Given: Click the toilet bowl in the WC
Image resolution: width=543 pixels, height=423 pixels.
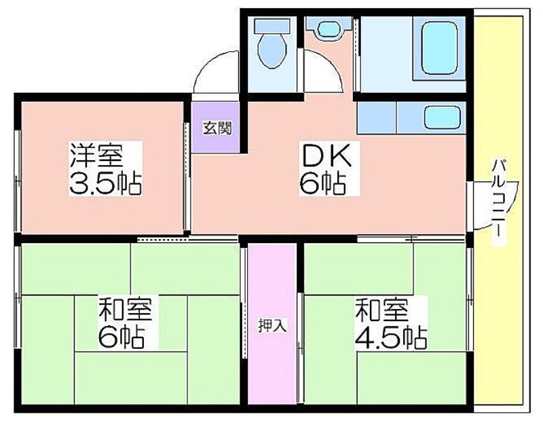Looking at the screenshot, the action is pyautogui.click(x=272, y=52).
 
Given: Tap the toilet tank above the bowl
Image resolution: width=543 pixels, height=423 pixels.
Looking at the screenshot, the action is pyautogui.click(x=272, y=26).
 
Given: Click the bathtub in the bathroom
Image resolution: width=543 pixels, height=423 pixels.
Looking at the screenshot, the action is pyautogui.click(x=439, y=48).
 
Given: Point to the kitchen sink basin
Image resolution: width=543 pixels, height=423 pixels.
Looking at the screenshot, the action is pyautogui.click(x=443, y=117).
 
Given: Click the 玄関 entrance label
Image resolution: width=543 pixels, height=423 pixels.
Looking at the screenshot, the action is pyautogui.click(x=217, y=128).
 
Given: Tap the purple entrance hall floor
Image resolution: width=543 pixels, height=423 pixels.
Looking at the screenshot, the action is pyautogui.click(x=215, y=128).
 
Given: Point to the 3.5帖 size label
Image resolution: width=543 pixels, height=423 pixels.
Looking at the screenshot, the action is pyautogui.click(x=105, y=183).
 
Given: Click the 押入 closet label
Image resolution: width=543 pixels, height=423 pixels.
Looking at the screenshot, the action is pyautogui.click(x=273, y=326).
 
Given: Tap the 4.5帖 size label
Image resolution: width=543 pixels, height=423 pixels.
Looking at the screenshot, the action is pyautogui.click(x=391, y=337).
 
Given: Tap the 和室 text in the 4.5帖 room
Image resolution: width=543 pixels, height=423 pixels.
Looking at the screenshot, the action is pyautogui.click(x=381, y=309).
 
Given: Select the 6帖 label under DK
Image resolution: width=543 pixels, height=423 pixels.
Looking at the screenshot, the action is pyautogui.click(x=323, y=183).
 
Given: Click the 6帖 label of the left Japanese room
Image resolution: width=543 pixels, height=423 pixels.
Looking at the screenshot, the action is pyautogui.click(x=121, y=337).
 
